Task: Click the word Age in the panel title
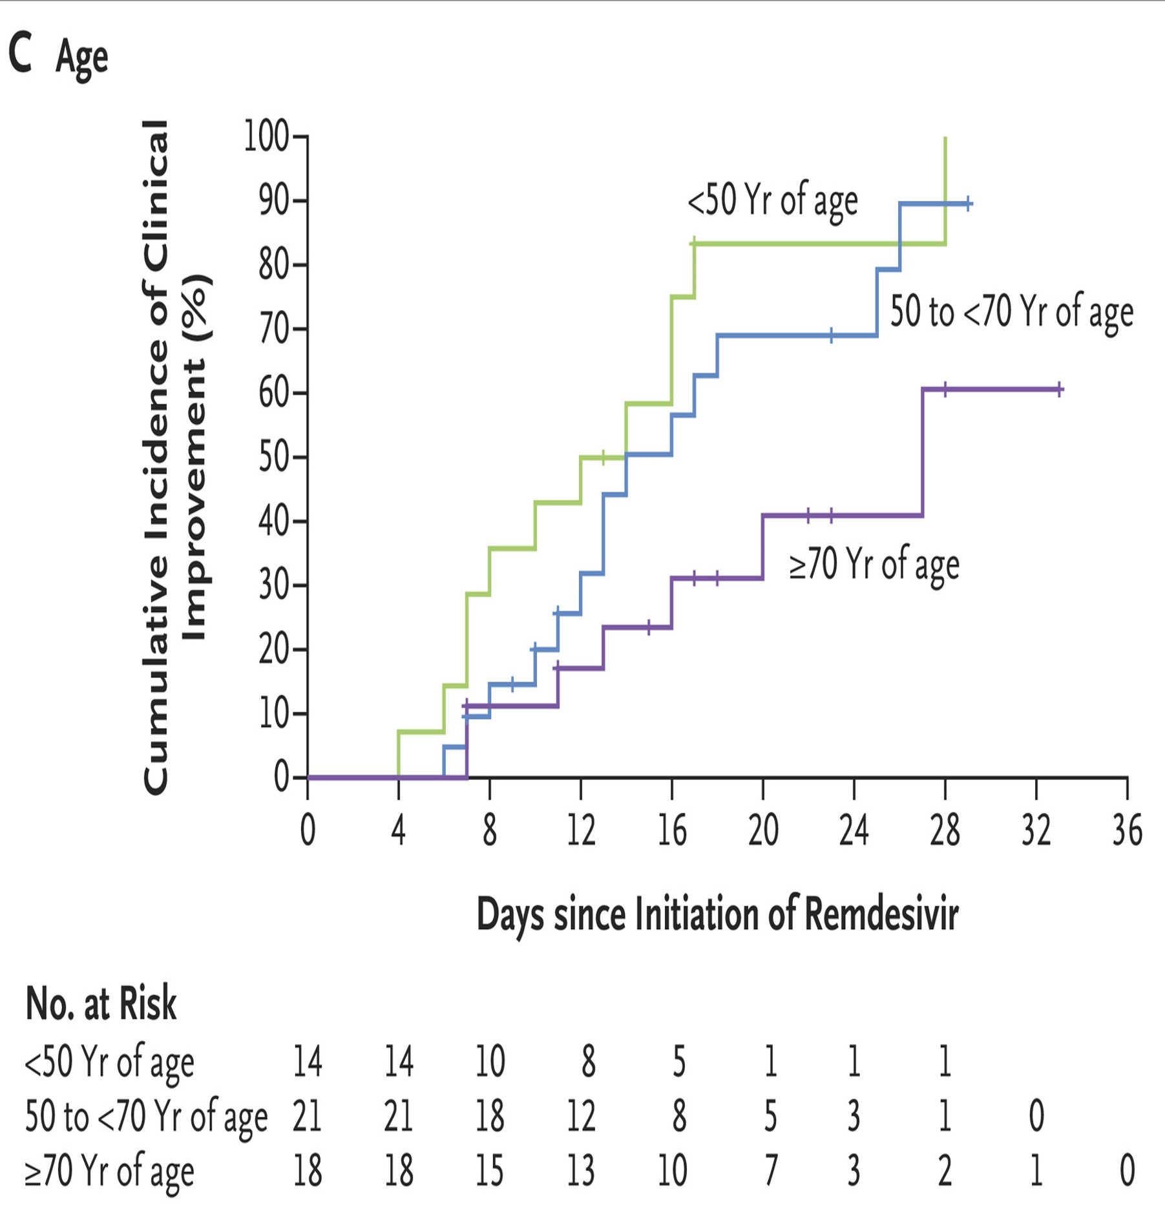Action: (81, 58)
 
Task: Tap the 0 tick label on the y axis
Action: (281, 777)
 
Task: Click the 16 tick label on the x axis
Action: (672, 830)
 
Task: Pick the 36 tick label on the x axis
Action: (1127, 830)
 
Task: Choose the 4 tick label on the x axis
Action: (399, 830)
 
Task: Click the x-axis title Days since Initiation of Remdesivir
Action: (717, 914)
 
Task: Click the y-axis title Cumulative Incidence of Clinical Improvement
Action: (174, 457)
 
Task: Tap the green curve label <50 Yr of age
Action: (773, 200)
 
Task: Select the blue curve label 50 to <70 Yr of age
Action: (1012, 311)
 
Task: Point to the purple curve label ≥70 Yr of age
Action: (874, 564)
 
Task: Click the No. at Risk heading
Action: (101, 1003)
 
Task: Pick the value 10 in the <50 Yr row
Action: (490, 1061)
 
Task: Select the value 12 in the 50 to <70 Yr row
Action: (581, 1116)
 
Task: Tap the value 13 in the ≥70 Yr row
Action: (581, 1170)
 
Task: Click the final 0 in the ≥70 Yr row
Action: (1127, 1170)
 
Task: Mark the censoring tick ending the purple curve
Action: (1060, 390)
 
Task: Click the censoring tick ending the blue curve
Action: (968, 204)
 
